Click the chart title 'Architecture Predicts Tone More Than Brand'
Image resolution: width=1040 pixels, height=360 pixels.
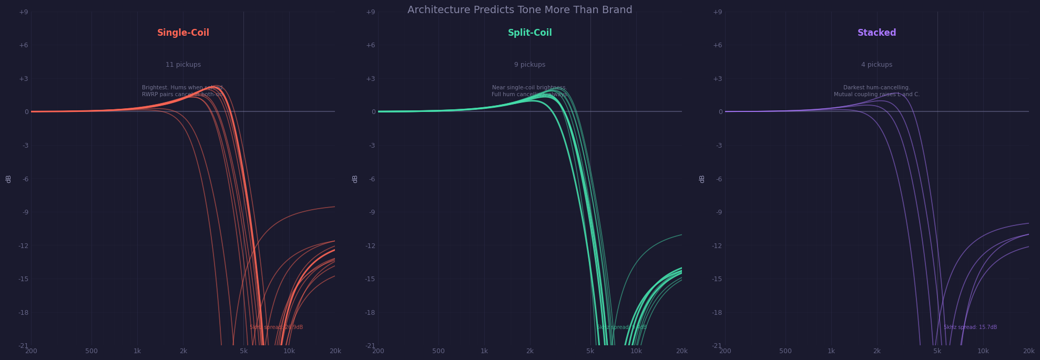point(519,10)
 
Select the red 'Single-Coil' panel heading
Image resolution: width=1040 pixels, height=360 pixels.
point(183,33)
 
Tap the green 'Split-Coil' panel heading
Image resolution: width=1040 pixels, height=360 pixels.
point(529,33)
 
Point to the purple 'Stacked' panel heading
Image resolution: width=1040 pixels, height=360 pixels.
point(876,33)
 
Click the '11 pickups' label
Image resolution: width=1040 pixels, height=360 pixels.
point(183,65)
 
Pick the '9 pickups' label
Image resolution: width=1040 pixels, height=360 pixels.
point(529,65)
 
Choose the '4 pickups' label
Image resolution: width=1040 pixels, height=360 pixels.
point(876,65)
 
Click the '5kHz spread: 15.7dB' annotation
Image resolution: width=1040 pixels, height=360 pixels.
point(970,327)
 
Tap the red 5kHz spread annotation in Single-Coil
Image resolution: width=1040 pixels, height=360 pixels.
point(276,327)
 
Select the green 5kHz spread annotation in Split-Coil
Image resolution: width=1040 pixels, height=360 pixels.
point(621,327)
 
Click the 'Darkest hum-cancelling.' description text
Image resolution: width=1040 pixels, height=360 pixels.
point(876,88)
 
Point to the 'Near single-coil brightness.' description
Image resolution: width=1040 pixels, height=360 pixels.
point(529,88)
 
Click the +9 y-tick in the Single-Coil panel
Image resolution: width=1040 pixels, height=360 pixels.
point(24,12)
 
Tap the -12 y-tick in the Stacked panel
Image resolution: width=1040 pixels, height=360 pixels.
point(717,245)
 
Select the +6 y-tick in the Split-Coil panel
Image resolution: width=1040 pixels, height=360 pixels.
point(371,45)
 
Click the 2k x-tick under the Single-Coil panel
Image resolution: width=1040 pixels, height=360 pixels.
point(183,351)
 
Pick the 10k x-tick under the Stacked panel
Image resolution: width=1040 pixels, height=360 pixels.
point(983,351)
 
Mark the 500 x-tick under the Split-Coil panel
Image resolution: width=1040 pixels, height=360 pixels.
point(439,351)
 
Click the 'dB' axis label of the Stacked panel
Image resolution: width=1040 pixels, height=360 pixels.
point(702,179)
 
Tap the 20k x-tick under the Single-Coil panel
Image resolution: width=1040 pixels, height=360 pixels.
point(335,351)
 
